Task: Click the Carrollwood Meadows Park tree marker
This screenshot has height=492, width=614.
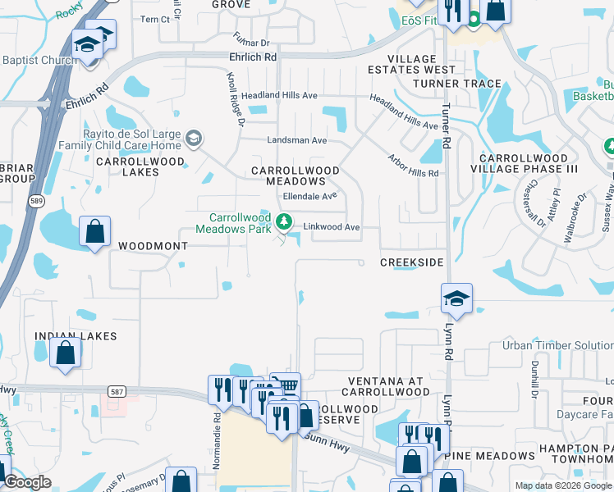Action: coord(284,221)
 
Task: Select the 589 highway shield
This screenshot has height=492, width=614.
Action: coord(35,201)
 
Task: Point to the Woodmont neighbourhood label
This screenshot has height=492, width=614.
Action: coord(148,246)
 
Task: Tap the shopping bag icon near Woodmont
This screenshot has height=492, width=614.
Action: coord(95,231)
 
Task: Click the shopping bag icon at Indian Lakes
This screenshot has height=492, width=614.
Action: coord(66,353)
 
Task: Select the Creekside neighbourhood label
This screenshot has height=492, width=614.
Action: coord(411,262)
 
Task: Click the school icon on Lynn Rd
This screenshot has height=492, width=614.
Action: coord(456,298)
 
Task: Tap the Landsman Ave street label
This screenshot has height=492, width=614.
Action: coord(297,140)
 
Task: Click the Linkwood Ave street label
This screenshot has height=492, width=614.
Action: coord(332,227)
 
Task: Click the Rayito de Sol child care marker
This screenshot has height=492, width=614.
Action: coord(193,137)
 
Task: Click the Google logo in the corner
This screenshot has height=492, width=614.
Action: coord(28,483)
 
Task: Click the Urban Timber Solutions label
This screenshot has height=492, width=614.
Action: coord(558,345)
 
